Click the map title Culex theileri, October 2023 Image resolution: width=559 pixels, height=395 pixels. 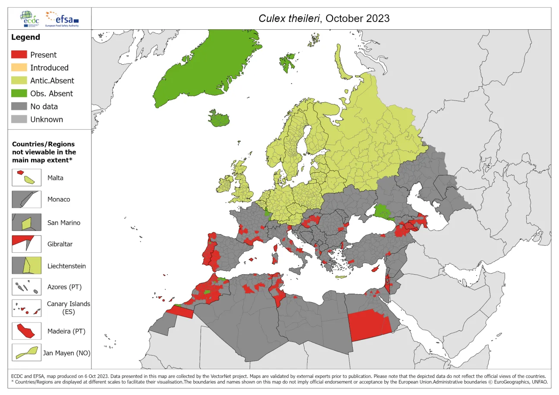coord(323,18)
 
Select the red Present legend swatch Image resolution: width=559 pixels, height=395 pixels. coord(19,55)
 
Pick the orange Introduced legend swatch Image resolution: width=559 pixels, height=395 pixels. coord(19,68)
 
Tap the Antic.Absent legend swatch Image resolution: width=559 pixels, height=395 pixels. coord(19,81)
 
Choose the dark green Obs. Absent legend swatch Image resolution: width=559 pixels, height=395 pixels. coord(19,94)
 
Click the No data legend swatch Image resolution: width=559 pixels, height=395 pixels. coord(19,107)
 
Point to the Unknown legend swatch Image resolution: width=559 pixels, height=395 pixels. coord(19,119)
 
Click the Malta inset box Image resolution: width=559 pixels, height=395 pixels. coord(26,178)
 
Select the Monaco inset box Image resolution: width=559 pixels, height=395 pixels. coord(26,200)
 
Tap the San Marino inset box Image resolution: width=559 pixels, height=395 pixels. coord(26,223)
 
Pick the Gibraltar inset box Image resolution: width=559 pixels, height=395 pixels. coord(26,244)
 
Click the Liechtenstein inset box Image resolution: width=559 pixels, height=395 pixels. coord(26,265)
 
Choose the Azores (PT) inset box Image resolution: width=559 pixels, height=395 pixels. coord(26,287)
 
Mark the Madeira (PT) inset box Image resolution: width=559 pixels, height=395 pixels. coord(26,331)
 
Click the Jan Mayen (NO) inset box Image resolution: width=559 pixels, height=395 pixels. coord(26,352)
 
